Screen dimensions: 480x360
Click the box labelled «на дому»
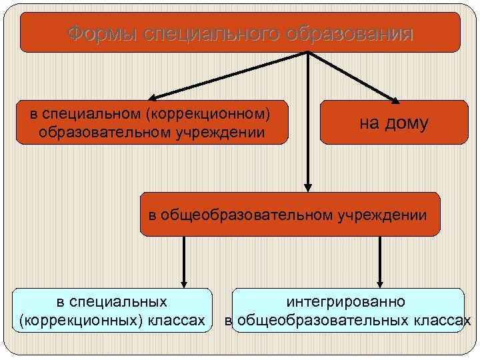coord(393,122)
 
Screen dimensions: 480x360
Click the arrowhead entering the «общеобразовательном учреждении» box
coord(308,186)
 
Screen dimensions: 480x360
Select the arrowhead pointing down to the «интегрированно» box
coord(380,281)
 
